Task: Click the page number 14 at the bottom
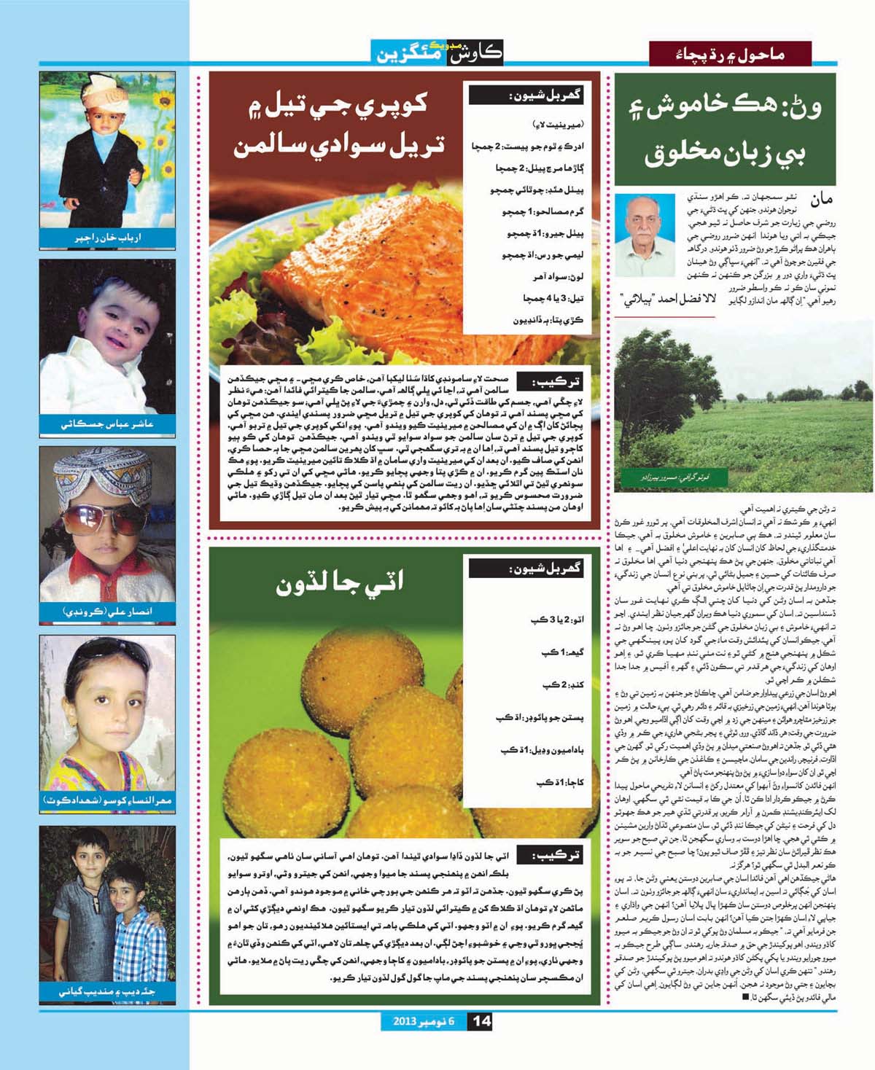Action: click(482, 1020)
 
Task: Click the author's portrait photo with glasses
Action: click(645, 235)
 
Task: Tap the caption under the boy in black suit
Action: click(107, 238)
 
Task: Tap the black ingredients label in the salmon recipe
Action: click(526, 95)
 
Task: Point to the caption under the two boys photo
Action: click(107, 991)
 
